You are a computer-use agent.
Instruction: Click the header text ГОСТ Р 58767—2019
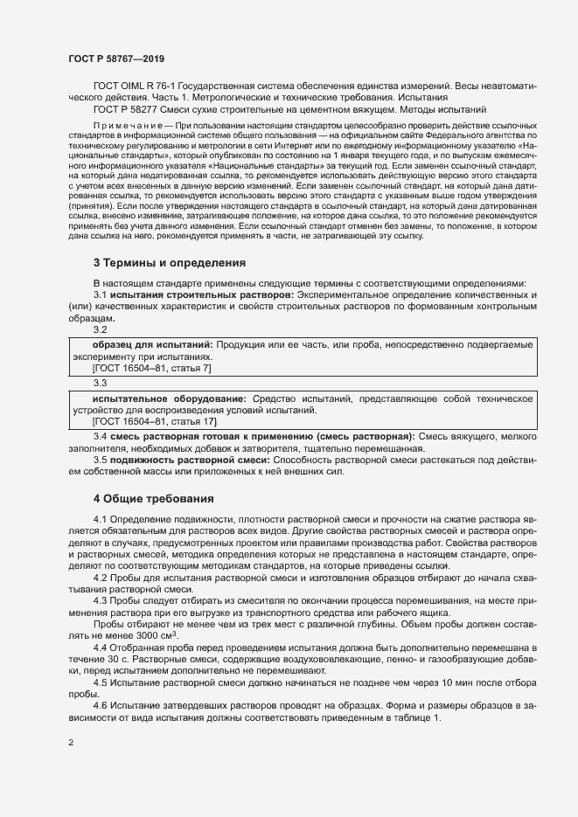coord(115,59)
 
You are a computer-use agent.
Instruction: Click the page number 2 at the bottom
coord(71,744)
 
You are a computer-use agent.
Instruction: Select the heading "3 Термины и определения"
coord(169,262)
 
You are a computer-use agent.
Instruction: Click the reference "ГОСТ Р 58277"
coord(128,110)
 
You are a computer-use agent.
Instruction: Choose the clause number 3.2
coord(100,329)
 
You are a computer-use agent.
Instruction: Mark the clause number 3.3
coord(100,383)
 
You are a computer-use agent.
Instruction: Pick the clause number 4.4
coord(100,647)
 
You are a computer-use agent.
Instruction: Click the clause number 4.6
coord(100,704)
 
